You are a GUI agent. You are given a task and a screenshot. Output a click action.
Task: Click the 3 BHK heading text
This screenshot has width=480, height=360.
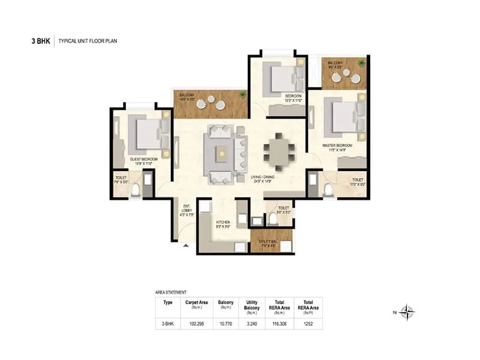click(40, 41)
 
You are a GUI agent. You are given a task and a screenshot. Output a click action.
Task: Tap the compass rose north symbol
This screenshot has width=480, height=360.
click(407, 311)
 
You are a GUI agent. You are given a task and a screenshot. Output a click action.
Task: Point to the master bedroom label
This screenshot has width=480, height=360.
click(338, 147)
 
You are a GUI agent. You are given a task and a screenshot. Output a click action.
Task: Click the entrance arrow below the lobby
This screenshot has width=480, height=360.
click(186, 245)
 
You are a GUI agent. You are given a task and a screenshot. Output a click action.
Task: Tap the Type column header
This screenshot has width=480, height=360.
click(168, 303)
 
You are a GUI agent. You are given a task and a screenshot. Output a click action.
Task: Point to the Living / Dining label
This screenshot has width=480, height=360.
click(265, 178)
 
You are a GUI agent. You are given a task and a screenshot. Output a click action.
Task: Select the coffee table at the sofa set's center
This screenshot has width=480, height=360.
click(223, 154)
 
